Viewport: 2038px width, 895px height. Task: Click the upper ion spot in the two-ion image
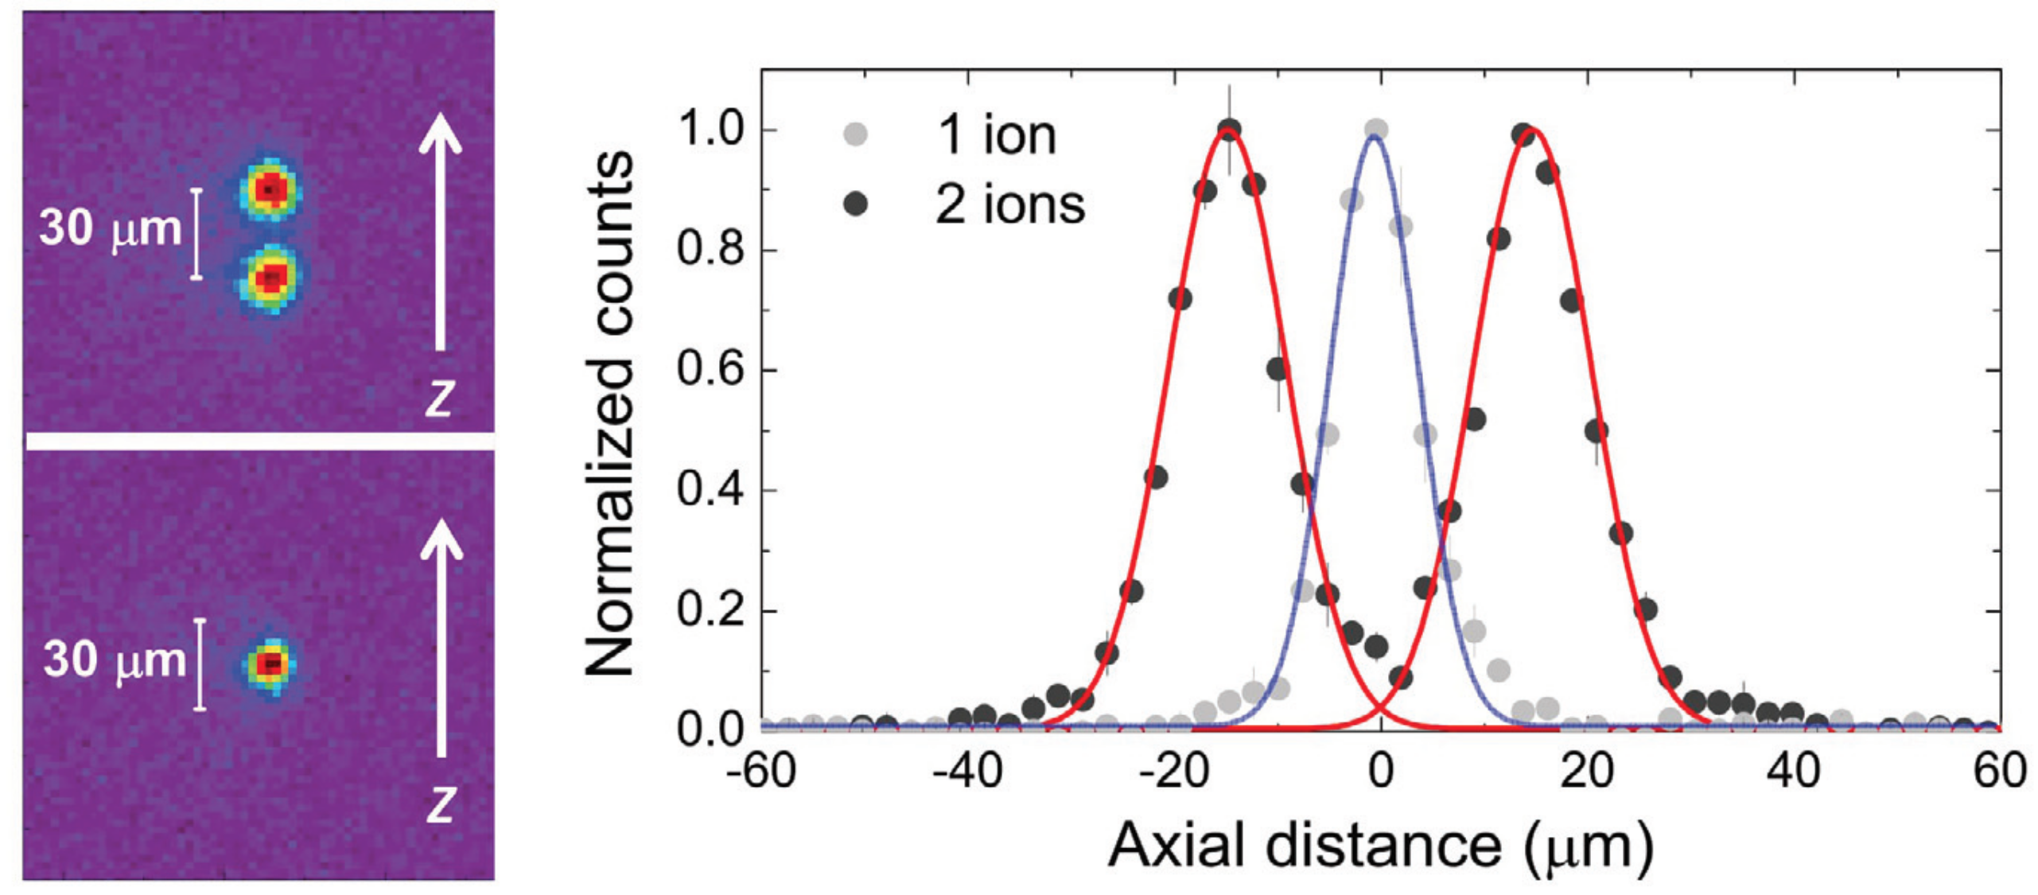(270, 189)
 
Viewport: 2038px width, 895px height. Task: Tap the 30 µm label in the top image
(111, 229)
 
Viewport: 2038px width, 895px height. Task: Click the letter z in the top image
(439, 397)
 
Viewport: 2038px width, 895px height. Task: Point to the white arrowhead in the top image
(440, 130)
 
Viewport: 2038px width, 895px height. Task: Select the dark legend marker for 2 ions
(855, 204)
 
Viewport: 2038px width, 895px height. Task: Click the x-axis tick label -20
(1175, 771)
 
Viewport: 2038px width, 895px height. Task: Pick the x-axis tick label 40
(1794, 771)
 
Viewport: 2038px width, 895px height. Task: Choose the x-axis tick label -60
(761, 771)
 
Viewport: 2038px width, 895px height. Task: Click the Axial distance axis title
(1380, 845)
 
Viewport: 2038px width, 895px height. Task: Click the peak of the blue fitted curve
(1373, 137)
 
